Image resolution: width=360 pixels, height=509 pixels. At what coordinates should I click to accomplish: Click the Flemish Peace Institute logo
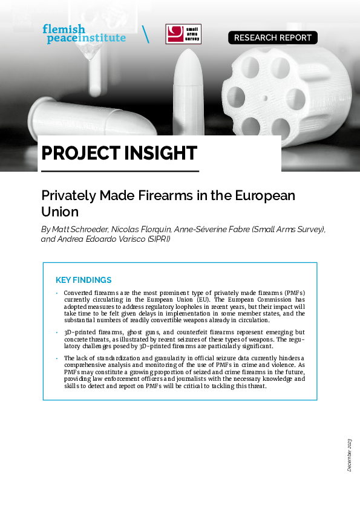83,33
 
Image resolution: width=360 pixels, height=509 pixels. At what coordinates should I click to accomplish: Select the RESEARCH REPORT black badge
272,37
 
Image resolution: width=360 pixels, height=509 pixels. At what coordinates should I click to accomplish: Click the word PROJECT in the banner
82,153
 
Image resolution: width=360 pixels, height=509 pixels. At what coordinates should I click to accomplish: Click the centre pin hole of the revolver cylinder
265,97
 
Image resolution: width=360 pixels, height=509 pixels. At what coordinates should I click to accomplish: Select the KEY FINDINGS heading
83,280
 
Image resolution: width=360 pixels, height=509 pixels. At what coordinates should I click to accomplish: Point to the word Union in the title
60,212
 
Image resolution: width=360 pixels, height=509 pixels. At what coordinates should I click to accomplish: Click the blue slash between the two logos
145,34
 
